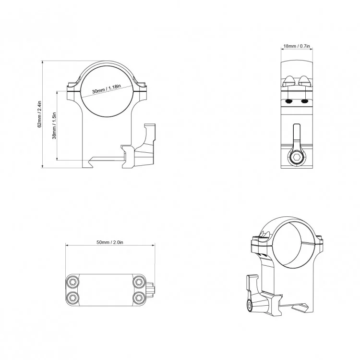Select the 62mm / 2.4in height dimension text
pyautogui.click(x=40, y=114)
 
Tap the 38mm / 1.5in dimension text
pyautogui.click(x=54, y=125)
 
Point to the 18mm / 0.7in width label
pyautogui.click(x=297, y=46)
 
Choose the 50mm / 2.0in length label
pyautogui.click(x=110, y=243)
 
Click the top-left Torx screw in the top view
pyautogui.click(x=73, y=282)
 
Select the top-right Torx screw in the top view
pyautogui.click(x=139, y=282)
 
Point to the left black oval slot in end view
pyautogui.click(x=288, y=102)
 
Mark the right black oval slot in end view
pyautogui.click(x=304, y=102)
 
